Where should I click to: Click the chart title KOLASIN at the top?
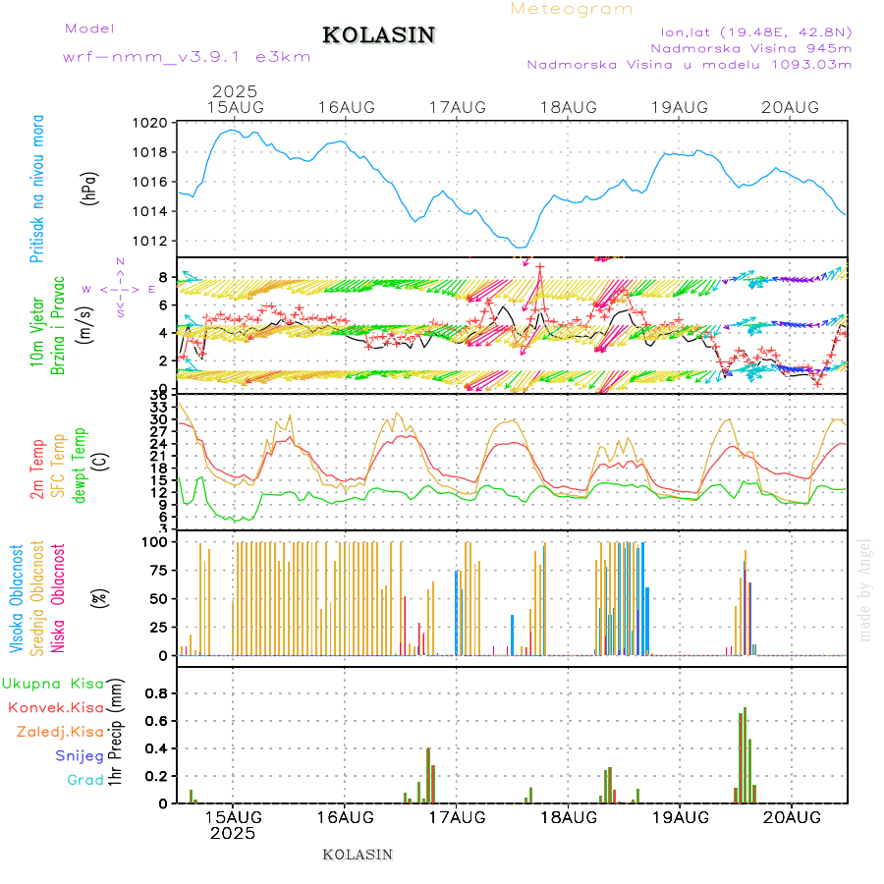click(379, 35)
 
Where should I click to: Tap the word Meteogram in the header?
click(572, 9)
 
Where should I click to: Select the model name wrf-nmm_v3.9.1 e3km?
click(187, 57)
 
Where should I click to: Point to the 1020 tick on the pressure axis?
click(150, 124)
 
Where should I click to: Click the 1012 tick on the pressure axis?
click(150, 242)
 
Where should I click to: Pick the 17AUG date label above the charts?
click(458, 107)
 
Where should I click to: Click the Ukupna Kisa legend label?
click(53, 684)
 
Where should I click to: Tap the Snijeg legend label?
click(80, 755)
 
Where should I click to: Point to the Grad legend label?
click(85, 780)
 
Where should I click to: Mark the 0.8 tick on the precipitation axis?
click(157, 693)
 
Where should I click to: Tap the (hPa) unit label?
click(89, 188)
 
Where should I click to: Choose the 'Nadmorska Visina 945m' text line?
click(751, 47)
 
